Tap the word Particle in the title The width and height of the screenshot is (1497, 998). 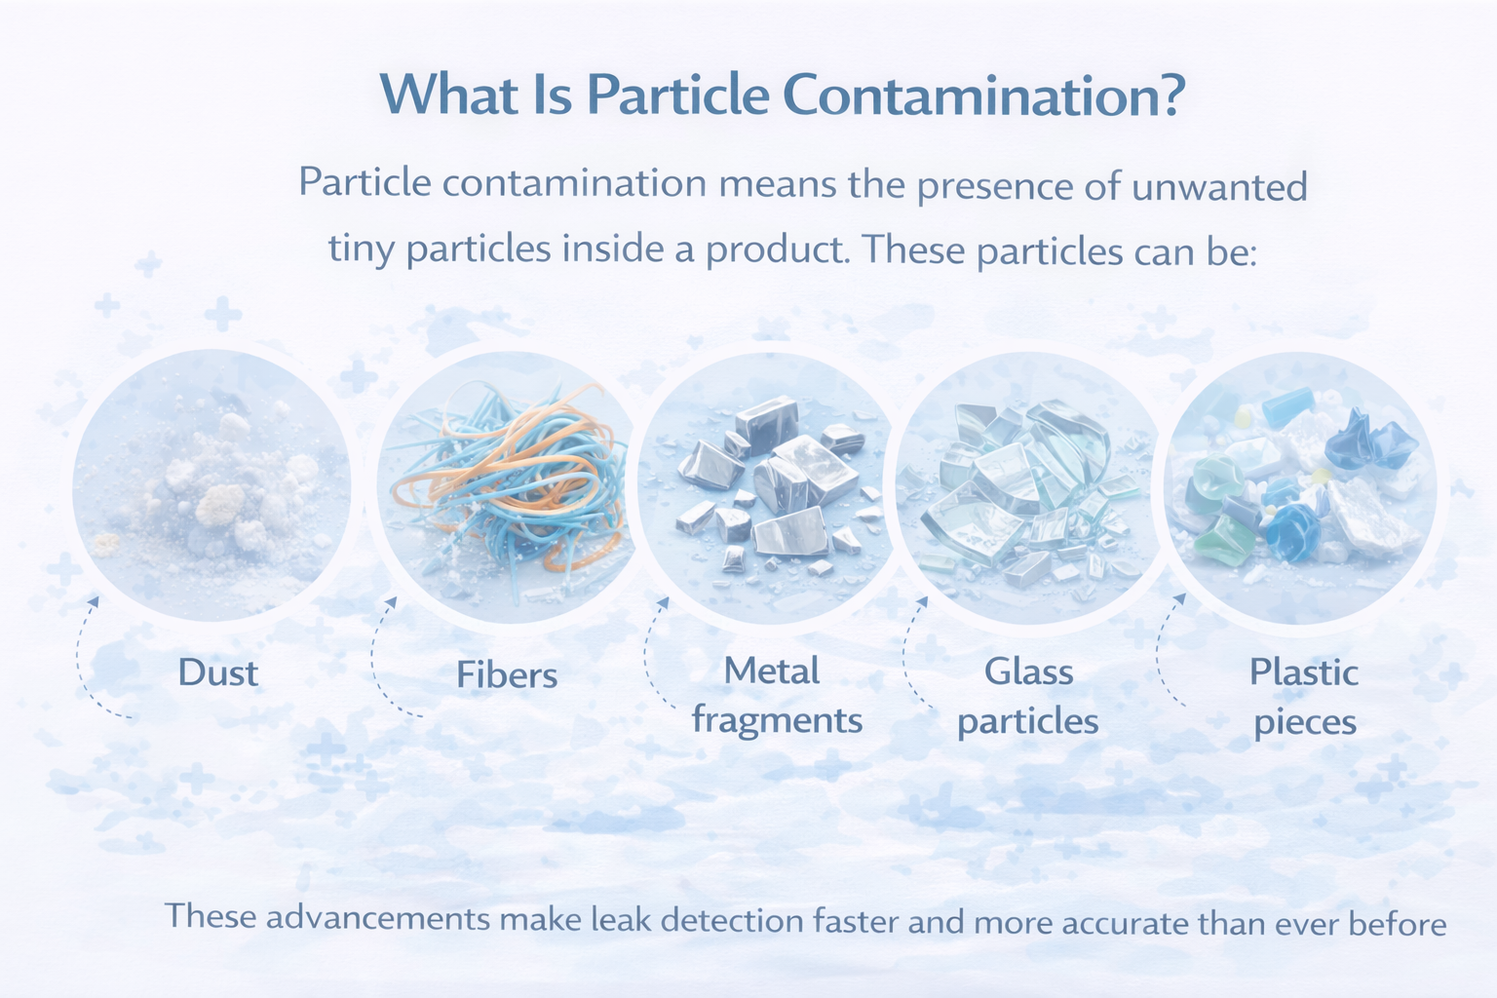tap(678, 95)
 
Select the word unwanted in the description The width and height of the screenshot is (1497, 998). tap(1219, 186)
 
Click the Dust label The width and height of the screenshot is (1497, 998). tap(218, 672)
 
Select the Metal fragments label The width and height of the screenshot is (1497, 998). tap(777, 697)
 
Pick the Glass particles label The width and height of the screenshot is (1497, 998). tap(1028, 697)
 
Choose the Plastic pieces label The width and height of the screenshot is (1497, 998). tap(1305, 697)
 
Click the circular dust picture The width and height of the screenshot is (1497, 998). tap(211, 486)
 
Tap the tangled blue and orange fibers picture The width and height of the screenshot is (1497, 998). tap(507, 487)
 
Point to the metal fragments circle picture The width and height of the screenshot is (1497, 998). tap(769, 488)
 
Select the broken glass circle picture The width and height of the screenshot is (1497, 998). tap(1029, 488)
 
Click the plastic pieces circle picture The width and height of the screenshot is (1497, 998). tap(1300, 488)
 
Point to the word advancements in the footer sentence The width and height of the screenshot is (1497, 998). tap(378, 918)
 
